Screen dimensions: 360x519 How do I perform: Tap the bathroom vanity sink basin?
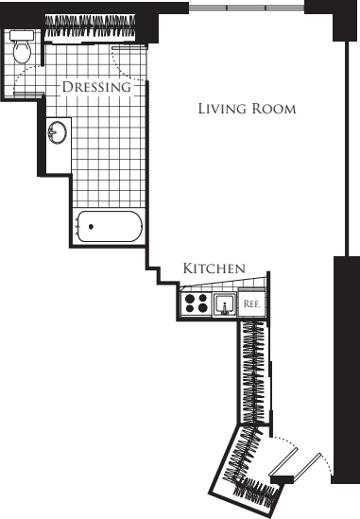pos(58,132)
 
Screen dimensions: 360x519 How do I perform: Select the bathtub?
pos(110,226)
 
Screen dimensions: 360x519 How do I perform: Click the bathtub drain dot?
pos(91,226)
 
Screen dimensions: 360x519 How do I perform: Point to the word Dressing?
pos(96,87)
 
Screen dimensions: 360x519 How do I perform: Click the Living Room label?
pos(247,109)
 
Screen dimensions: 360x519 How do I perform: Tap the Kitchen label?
pos(214,268)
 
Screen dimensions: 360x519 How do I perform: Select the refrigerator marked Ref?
pos(251,303)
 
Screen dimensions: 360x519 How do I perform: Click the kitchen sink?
pos(225,304)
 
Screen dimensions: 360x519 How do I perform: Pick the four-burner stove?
pos(197,303)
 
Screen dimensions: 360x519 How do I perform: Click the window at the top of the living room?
pos(247,8)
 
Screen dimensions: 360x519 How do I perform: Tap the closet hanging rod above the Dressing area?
pos(90,26)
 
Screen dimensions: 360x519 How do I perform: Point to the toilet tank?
pos(22,35)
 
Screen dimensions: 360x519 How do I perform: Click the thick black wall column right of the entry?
pos(346,370)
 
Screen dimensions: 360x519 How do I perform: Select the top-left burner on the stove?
pos(190,299)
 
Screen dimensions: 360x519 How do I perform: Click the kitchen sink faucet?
pos(225,308)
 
